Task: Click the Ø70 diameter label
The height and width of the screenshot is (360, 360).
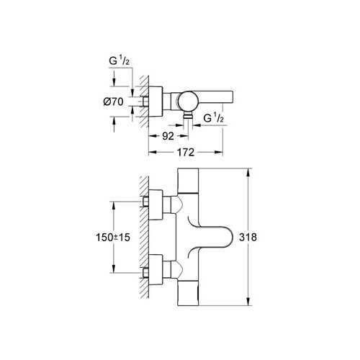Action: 112,102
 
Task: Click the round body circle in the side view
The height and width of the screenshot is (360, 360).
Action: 188,100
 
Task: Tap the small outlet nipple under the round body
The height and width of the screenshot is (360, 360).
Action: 188,114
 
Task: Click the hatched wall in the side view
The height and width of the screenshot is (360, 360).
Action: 144,101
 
